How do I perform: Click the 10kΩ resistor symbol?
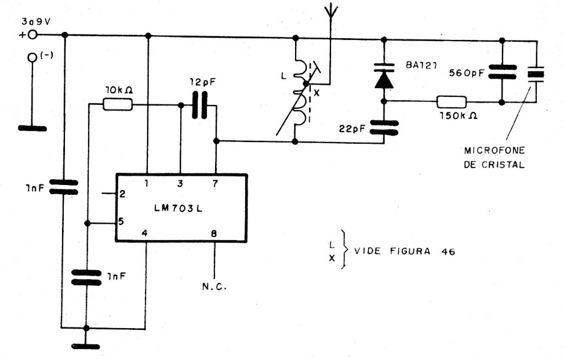coord(117,105)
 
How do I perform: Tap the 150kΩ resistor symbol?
coord(451,102)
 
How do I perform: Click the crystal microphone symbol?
coord(535,74)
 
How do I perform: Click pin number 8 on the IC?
coord(216,235)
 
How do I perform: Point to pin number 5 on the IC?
coord(122,220)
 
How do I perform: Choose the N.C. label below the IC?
coord(214,286)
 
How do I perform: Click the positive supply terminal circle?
coord(32,35)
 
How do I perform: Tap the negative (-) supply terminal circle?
coord(32,58)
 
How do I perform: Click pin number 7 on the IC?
coord(216,184)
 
